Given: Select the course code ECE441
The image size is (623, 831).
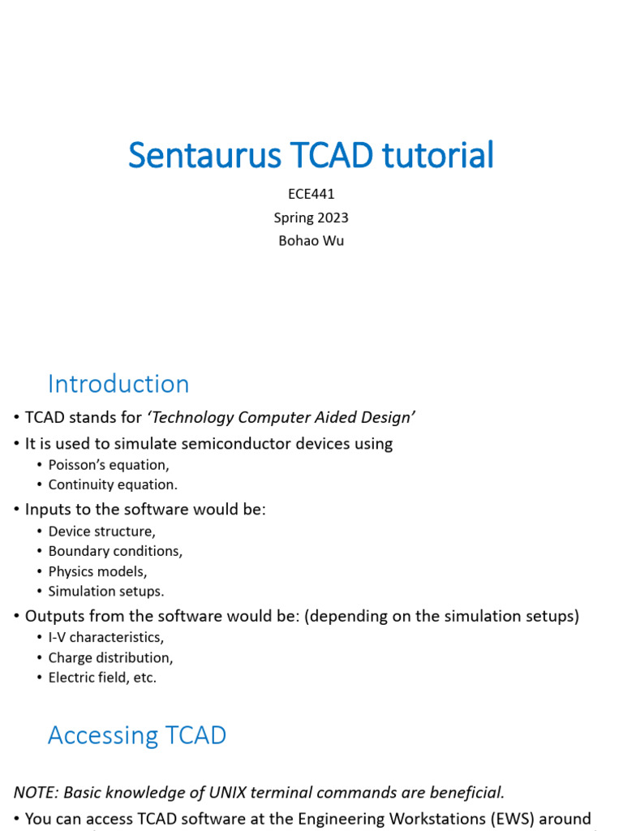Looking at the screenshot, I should pyautogui.click(x=311, y=194).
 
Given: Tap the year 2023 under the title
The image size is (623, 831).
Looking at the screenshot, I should pyautogui.click(x=331, y=217).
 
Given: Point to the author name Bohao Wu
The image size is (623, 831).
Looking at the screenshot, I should pyautogui.click(x=311, y=241).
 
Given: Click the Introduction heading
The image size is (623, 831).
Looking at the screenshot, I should pyautogui.click(x=118, y=384).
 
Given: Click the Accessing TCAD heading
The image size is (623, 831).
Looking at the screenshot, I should pyautogui.click(x=137, y=735).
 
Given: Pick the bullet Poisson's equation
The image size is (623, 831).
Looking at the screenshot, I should pyautogui.click(x=109, y=465).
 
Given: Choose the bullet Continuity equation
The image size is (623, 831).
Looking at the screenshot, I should pyautogui.click(x=113, y=484).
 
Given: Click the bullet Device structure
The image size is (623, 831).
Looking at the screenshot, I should pyautogui.click(x=101, y=532).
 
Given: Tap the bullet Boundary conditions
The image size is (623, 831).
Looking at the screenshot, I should pyautogui.click(x=115, y=551).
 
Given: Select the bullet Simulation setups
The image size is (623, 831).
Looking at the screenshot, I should pyautogui.click(x=106, y=592).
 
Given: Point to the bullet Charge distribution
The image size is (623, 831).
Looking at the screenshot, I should pyautogui.click(x=110, y=657).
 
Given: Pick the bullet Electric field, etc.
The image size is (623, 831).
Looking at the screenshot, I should pyautogui.click(x=102, y=678).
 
